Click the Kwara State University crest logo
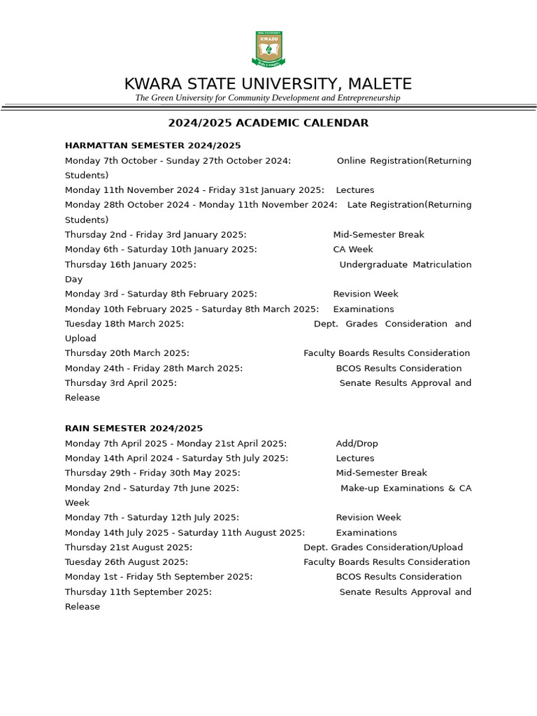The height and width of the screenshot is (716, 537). click(x=268, y=49)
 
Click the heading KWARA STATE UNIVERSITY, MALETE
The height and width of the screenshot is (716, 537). click(x=268, y=84)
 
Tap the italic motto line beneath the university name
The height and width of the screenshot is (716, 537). click(x=268, y=98)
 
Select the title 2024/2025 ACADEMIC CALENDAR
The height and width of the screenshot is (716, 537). click(x=268, y=123)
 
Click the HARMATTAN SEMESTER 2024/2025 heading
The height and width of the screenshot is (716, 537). click(x=152, y=145)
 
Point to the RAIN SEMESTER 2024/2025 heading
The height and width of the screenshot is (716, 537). click(x=134, y=428)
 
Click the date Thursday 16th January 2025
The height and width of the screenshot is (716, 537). click(x=131, y=264)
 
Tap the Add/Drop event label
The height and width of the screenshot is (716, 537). click(x=357, y=443)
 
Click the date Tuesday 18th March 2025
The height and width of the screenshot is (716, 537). click(x=124, y=324)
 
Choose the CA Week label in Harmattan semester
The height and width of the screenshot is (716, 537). click(x=353, y=250)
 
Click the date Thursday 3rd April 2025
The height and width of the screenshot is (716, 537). click(x=121, y=383)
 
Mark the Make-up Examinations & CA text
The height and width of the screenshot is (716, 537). click(x=406, y=488)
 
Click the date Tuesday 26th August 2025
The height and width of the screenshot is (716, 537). click(x=127, y=562)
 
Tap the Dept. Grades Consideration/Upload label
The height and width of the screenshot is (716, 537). click(x=383, y=547)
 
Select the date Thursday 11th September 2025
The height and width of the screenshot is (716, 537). click(x=138, y=592)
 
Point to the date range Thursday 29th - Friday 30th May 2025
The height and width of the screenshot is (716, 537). click(x=152, y=473)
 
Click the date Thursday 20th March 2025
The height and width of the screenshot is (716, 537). click(x=127, y=353)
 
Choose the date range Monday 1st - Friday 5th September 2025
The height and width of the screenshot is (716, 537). click(x=159, y=577)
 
